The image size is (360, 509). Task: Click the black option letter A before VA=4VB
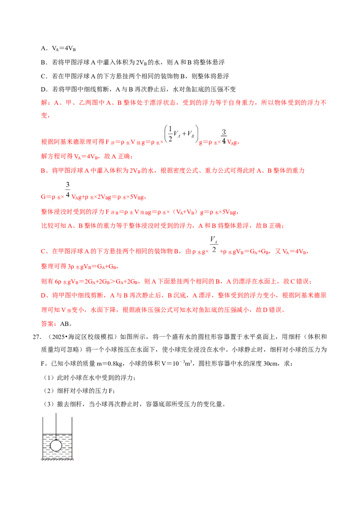(x=43, y=49)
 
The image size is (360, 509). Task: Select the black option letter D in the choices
(x=43, y=89)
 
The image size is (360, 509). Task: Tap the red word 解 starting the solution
(x=44, y=103)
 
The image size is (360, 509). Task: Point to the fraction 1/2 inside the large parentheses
(x=170, y=134)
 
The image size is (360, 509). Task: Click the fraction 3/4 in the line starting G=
(x=67, y=190)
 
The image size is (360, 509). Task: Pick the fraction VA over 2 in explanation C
(x=214, y=244)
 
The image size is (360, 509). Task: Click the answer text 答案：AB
(x=55, y=324)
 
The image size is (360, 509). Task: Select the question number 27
(x=36, y=337)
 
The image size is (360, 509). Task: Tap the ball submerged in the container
(x=56, y=445)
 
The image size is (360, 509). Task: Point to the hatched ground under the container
(x=58, y=460)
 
